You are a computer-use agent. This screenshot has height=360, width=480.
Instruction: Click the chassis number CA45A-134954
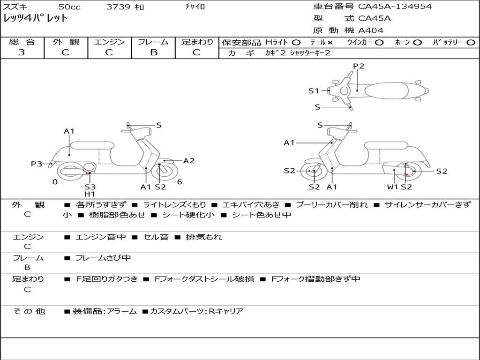click(x=395, y=7)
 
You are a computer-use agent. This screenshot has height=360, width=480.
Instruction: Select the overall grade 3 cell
click(x=22, y=52)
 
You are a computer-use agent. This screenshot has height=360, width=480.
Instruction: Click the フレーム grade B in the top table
click(x=153, y=52)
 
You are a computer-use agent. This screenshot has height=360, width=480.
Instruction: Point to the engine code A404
click(x=371, y=30)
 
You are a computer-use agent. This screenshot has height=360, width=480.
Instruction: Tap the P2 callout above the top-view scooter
click(x=359, y=66)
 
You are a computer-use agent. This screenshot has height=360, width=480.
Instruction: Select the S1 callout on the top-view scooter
click(x=314, y=91)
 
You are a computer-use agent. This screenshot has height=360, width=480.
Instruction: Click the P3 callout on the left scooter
click(x=37, y=164)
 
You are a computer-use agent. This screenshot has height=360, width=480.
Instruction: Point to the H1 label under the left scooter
click(x=90, y=194)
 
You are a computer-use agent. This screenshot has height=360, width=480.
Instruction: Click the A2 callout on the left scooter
click(x=188, y=161)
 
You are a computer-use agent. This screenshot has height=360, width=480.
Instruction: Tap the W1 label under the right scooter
click(x=392, y=187)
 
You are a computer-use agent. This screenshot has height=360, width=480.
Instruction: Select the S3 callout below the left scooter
click(x=90, y=187)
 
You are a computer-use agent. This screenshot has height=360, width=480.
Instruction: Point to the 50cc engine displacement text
click(x=69, y=7)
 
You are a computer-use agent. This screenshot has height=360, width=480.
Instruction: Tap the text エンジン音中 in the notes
click(x=100, y=237)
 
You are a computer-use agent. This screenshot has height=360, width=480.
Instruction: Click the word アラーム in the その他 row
click(x=122, y=311)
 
